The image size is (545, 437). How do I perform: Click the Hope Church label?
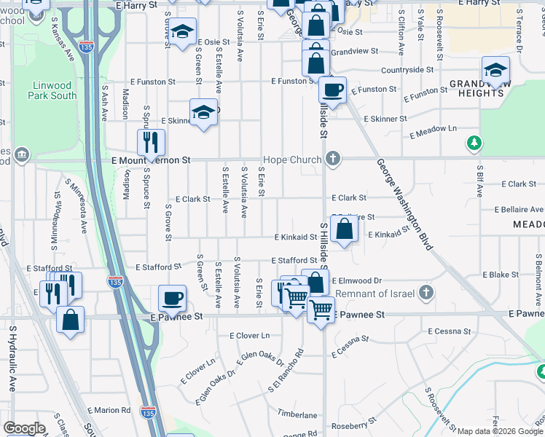coord(292,160)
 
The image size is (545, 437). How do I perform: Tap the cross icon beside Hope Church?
coord(333,159)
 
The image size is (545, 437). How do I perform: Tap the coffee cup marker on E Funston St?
coord(332,91)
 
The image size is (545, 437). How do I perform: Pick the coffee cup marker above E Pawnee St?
coord(173,297)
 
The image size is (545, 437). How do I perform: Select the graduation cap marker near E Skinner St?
coord(203,112)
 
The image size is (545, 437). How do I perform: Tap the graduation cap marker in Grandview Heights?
coord(495,70)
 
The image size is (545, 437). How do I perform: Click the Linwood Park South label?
coord(53,90)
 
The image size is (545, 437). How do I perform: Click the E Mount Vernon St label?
coord(150,160)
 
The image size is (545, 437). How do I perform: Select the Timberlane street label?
coord(297,414)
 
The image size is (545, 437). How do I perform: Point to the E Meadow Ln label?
coord(433,132)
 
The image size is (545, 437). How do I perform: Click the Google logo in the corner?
coord(24,428)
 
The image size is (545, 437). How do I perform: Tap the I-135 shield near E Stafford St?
coord(115,282)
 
